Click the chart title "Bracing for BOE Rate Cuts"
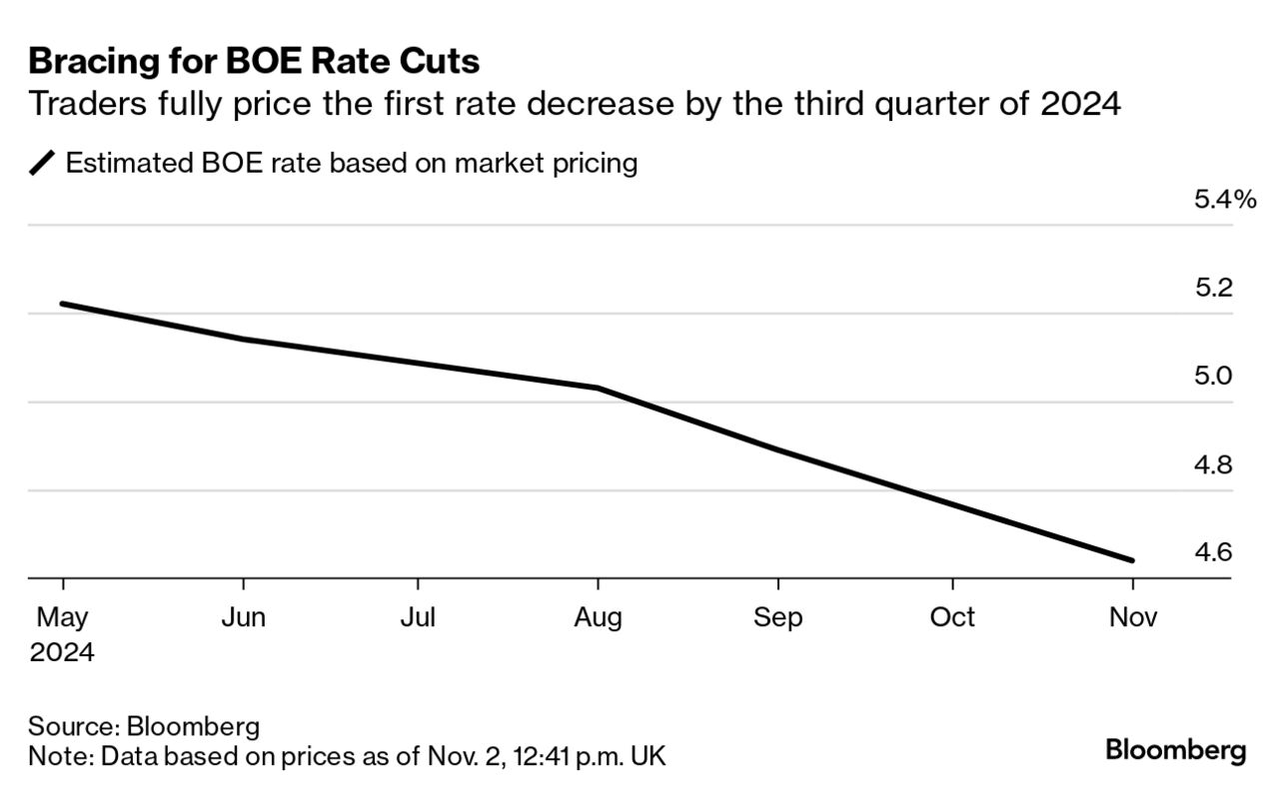pos(254,62)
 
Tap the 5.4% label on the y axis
pos(1224,200)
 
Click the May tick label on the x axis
pos(62,618)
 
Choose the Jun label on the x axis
pos(243,618)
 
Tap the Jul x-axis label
pos(418,618)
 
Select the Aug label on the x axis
pos(598,618)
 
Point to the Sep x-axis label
pos(777,618)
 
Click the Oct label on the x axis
pos(952,618)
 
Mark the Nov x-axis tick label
pos(1133,618)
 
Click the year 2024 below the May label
pos(62,653)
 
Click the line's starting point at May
pos(63,304)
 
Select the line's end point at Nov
pos(1132,560)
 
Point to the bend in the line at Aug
pos(598,388)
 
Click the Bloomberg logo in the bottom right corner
pos(1175,750)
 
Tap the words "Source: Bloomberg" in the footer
pos(144,725)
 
